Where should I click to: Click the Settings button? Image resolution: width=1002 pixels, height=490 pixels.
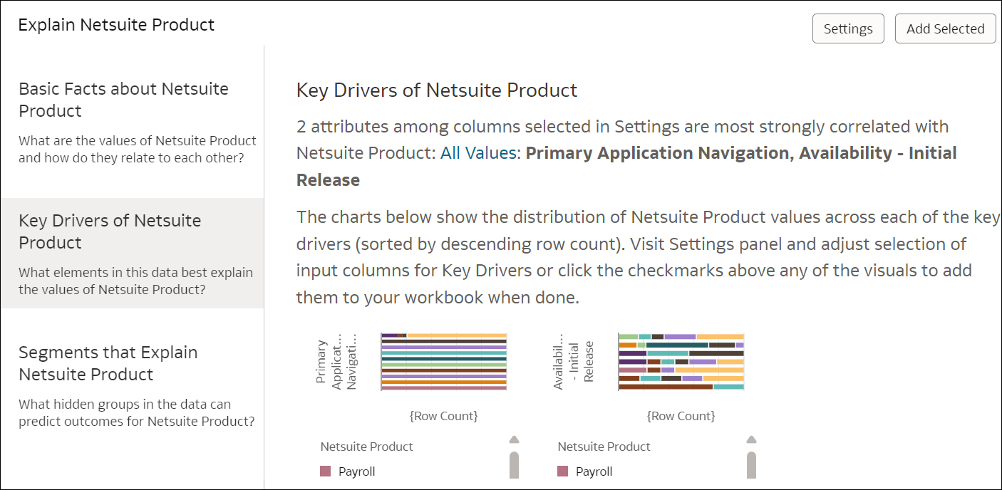848,28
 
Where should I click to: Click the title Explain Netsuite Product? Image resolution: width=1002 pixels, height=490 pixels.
116,25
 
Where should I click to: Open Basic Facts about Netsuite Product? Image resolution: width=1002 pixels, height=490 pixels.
123,100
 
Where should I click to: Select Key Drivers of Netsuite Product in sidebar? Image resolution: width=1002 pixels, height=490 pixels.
110,231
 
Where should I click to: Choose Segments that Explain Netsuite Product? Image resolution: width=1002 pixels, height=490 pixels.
108,363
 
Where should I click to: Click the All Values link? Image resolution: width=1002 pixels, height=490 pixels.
478,153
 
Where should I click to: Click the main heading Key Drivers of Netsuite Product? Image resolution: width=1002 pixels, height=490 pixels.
436,90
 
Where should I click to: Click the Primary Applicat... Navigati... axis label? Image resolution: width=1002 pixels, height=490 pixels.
336,362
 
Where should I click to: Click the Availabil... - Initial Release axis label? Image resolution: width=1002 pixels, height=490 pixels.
574,362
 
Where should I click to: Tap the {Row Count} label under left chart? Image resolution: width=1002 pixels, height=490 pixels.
443,416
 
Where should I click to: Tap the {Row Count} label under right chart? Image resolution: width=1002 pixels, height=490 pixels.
681,416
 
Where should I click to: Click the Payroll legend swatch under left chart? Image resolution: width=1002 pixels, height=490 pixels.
326,471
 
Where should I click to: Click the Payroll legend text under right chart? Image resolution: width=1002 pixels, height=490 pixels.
594,471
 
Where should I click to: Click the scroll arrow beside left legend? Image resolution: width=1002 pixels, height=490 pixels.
514,439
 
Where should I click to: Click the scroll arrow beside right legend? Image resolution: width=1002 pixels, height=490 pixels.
750,439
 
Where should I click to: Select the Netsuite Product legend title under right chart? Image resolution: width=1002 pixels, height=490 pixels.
604,447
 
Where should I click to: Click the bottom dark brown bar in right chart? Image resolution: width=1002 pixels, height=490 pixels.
665,387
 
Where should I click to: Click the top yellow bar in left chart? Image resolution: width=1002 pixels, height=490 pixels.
456,335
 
